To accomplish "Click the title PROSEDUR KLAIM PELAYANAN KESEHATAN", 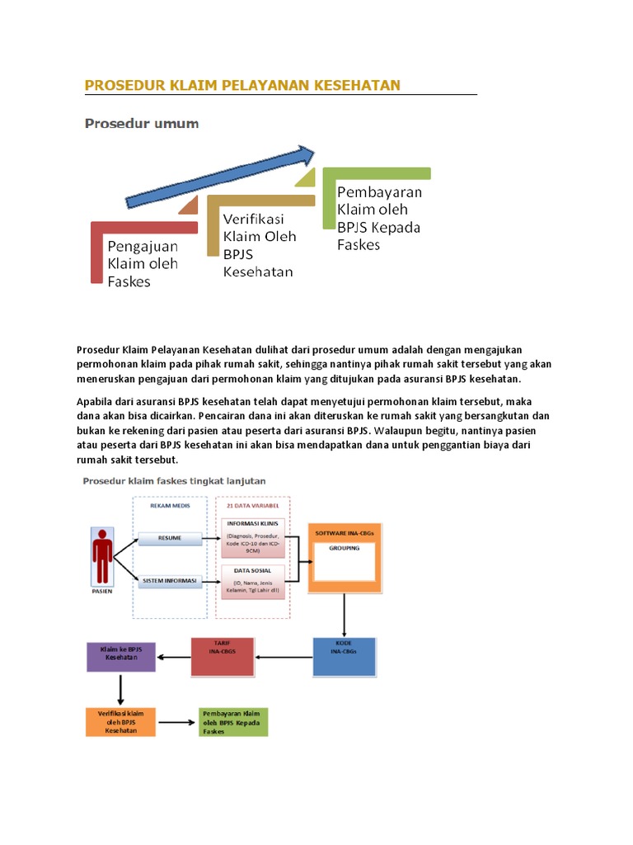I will (242, 85).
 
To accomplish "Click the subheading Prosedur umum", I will (141, 125).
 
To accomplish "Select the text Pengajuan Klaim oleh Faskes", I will (143, 263).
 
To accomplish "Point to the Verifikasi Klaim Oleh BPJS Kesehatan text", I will (259, 244).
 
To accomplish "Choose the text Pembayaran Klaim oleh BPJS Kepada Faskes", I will (379, 218).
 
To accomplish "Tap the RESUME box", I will (170, 539).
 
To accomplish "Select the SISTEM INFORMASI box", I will (170, 581).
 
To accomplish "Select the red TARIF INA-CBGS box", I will (224, 657).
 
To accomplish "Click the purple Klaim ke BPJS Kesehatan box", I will (121, 657).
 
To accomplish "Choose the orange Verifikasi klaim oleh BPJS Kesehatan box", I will (121, 720).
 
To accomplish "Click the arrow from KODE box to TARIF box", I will (284, 658).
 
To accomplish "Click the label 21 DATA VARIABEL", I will (252, 506).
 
